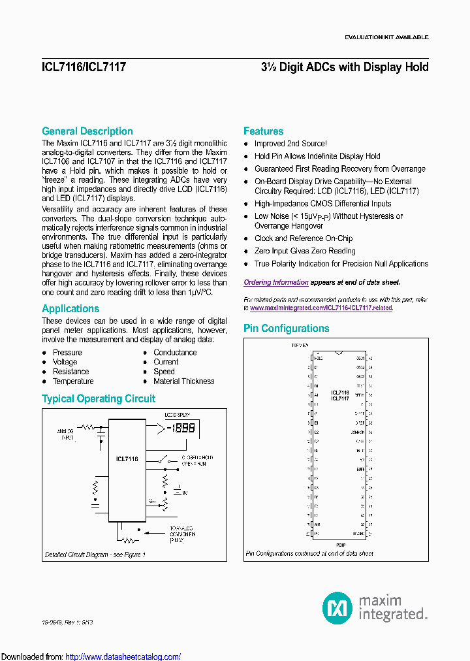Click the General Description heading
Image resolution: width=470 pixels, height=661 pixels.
pyautogui.click(x=87, y=131)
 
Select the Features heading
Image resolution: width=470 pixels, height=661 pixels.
pyautogui.click(x=263, y=131)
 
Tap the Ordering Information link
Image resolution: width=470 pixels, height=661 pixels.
pyautogui.click(x=275, y=283)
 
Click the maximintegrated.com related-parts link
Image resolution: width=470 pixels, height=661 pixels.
pyautogui.click(x=321, y=308)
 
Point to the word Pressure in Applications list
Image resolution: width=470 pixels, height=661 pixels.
pyautogui.click(x=67, y=353)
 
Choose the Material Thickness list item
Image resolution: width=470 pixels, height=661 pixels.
pyautogui.click(x=183, y=381)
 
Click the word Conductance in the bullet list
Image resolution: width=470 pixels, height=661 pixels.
pyautogui.click(x=175, y=353)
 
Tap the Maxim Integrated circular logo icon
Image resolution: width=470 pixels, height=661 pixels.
pyautogui.click(x=337, y=608)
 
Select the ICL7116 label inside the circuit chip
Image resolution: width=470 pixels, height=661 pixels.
pyautogui.click(x=127, y=460)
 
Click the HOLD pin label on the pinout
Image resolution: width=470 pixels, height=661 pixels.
pyautogui.click(x=319, y=359)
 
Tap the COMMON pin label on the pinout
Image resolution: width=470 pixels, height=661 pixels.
pyautogui.click(x=357, y=432)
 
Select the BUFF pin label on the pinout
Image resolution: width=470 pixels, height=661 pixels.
pyautogui.click(x=360, y=469)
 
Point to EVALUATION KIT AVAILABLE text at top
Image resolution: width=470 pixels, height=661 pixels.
pyautogui.click(x=386, y=37)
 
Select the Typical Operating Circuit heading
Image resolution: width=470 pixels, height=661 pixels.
pyautogui.click(x=99, y=398)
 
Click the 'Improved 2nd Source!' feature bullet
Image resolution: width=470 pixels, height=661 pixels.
pyautogui.click(x=290, y=144)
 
